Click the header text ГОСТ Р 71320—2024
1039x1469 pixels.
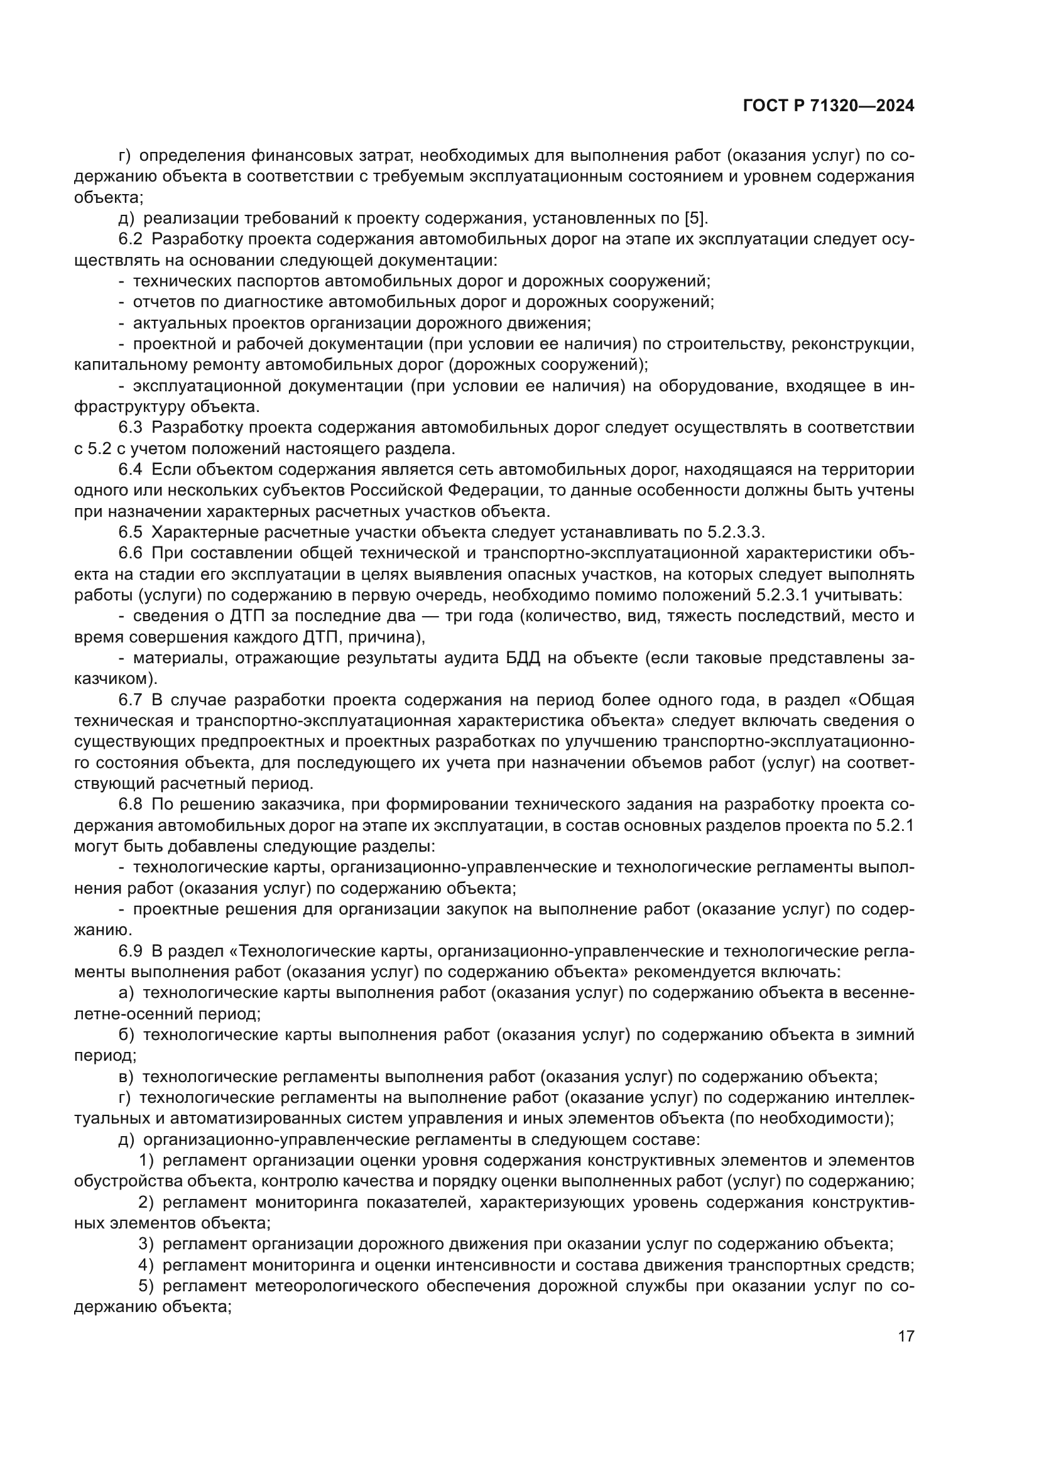829,106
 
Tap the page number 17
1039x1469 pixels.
906,1336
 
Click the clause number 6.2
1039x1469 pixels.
131,239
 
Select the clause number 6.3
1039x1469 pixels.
131,428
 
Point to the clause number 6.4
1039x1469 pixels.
131,470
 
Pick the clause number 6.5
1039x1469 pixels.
131,533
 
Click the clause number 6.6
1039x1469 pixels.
131,553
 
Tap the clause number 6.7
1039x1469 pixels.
131,700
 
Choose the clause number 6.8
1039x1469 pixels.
131,805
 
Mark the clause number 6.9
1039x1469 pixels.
131,951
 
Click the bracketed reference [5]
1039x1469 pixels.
695,218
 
